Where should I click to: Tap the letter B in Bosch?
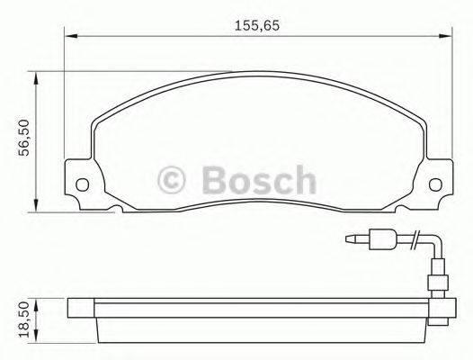(215, 181)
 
